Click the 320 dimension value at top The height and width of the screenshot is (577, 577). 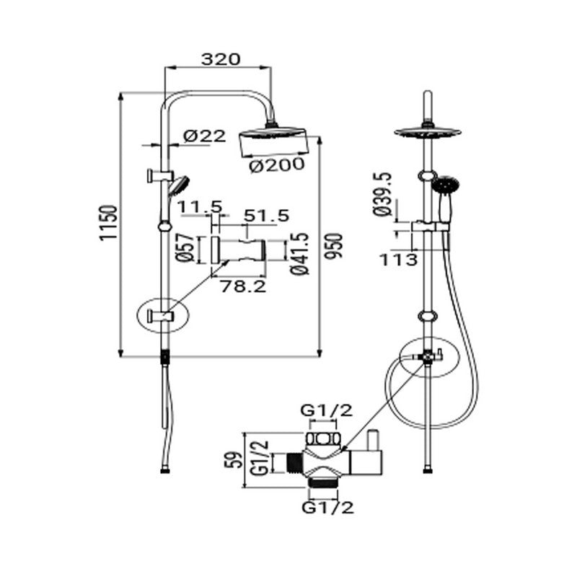click(220, 59)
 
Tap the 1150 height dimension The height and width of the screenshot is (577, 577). click(107, 224)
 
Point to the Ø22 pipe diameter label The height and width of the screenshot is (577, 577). click(204, 136)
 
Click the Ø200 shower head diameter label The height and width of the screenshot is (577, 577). click(278, 165)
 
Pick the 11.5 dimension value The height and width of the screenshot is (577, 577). click(201, 208)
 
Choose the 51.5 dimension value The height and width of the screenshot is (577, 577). click(266, 215)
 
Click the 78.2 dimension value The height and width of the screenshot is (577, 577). click(242, 286)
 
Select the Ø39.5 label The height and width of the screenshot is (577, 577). click(382, 194)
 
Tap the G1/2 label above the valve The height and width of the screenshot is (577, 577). click(327, 411)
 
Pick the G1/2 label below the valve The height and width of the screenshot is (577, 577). click(327, 508)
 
